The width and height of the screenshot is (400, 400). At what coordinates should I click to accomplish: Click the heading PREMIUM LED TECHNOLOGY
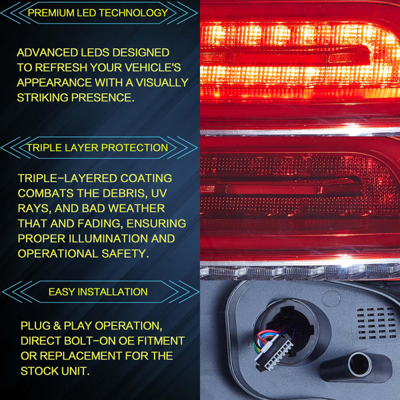97,13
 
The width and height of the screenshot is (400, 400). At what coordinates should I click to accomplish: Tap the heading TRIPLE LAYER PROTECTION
97,147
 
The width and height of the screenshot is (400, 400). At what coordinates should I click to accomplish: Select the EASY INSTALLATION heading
98,292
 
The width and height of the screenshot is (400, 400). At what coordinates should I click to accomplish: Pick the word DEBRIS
126,193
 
